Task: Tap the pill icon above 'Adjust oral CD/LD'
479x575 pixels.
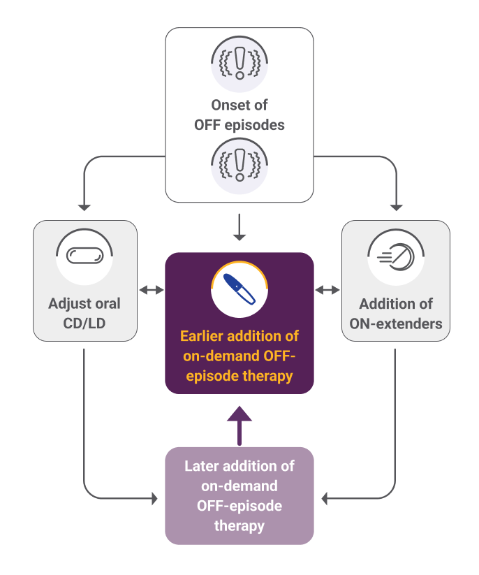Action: pyautogui.click(x=84, y=256)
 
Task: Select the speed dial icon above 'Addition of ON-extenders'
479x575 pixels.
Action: pyautogui.click(x=395, y=258)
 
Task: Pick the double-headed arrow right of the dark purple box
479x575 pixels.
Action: pyautogui.click(x=327, y=289)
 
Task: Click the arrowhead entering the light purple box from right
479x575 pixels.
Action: pyautogui.click(x=325, y=499)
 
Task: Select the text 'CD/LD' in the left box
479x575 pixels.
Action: pyautogui.click(x=84, y=323)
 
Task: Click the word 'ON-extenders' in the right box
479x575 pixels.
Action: pyautogui.click(x=395, y=323)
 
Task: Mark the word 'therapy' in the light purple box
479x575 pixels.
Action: pyautogui.click(x=239, y=525)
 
